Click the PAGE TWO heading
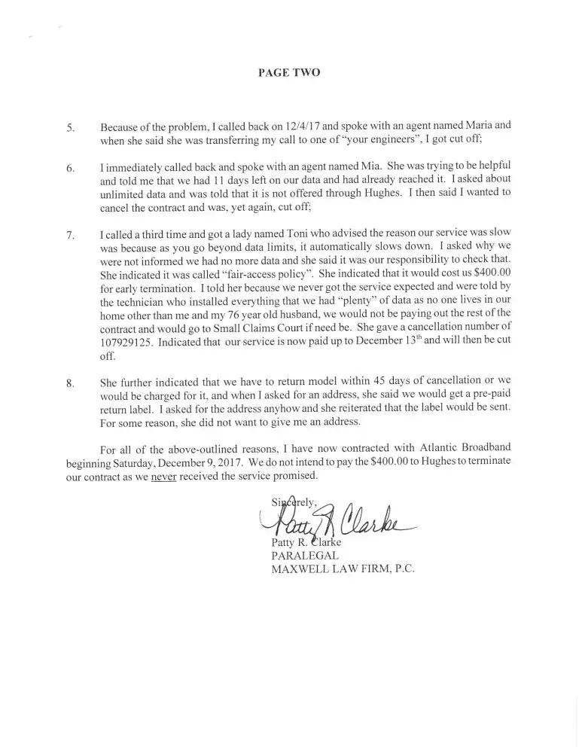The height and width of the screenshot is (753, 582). click(289, 73)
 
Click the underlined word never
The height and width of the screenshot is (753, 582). click(163, 477)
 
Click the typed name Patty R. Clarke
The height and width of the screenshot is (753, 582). click(305, 542)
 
